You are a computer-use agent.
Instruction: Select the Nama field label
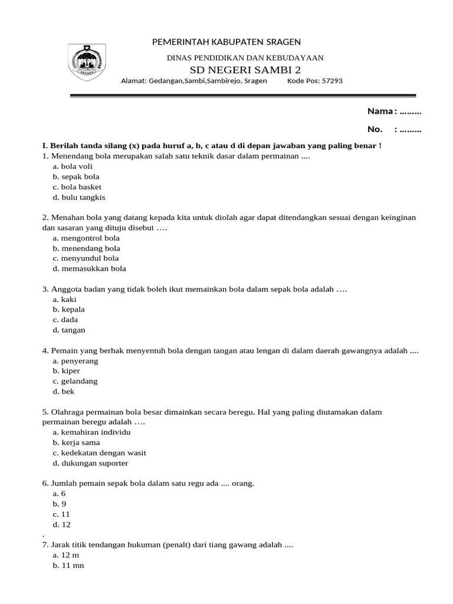point(380,111)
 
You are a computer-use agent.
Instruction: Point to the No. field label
point(375,130)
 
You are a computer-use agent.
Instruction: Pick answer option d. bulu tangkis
point(78,198)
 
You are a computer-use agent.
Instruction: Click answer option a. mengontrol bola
point(86,238)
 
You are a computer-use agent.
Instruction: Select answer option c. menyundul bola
point(86,258)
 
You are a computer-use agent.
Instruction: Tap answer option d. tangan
point(68,330)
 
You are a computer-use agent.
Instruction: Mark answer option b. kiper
point(66,371)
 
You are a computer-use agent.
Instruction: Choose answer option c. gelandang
point(75,381)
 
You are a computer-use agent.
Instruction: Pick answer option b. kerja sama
point(76,442)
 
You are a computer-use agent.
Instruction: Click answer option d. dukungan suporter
point(90,463)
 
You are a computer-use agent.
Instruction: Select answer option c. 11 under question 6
point(61,514)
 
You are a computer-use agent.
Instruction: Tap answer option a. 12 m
point(65,556)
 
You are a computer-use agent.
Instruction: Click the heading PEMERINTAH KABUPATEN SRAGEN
point(226,42)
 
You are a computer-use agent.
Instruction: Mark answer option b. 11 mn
point(68,566)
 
